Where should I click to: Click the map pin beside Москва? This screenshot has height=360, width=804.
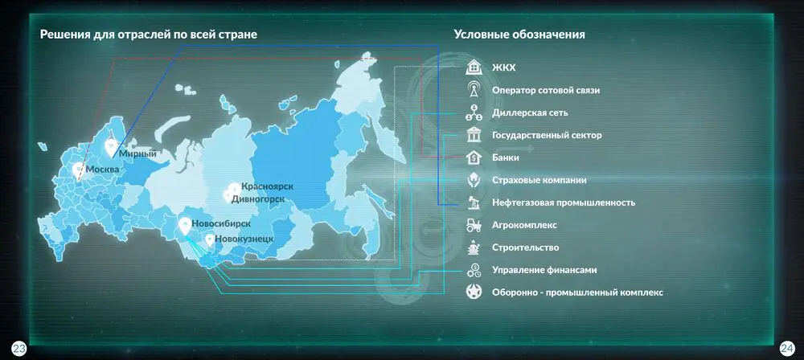tap(78, 170)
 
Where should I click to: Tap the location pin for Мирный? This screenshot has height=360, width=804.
tap(111, 147)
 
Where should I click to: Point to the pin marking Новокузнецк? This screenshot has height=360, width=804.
tap(209, 240)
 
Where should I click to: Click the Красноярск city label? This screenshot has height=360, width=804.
tap(268, 186)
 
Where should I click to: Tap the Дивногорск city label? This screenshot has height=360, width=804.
tap(258, 198)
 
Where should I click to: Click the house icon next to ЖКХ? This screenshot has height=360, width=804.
tap(474, 67)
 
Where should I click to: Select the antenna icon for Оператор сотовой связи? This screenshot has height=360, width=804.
tap(474, 90)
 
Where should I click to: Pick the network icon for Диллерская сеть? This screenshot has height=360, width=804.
tap(474, 112)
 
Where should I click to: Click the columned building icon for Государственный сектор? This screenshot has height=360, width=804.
tap(474, 135)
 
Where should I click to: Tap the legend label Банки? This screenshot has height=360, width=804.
tap(506, 158)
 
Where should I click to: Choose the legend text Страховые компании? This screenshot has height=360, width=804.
tap(539, 181)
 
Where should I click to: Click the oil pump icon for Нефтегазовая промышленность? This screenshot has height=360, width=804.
tap(474, 202)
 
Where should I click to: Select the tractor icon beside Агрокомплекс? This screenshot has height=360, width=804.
tap(474, 225)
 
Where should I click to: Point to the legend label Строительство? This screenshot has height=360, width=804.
tap(526, 247)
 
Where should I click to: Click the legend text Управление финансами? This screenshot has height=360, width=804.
tap(544, 270)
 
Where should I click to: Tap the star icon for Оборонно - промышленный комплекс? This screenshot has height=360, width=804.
tap(474, 292)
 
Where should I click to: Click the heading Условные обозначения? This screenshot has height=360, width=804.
tap(519, 35)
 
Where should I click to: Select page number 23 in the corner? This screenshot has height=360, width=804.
tap(19, 350)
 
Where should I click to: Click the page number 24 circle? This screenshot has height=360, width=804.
tap(786, 349)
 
